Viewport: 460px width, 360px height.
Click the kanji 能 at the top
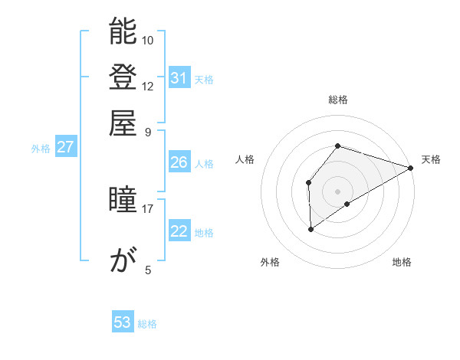coord(123,31)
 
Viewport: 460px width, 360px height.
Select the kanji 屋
coord(123,122)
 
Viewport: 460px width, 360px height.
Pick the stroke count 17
coord(148,208)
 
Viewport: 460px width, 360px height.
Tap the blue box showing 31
coord(179,78)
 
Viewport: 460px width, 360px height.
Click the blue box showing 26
coord(179,162)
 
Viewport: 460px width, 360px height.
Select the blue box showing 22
coord(179,231)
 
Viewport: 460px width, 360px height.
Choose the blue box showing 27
coord(66,148)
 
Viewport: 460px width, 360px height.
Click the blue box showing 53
coord(123,322)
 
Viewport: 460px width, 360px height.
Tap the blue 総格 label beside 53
coord(147,324)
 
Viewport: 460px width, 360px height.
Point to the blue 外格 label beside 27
coord(41,149)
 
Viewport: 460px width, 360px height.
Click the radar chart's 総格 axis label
coord(338,100)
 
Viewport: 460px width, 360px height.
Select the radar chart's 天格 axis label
coord(432,159)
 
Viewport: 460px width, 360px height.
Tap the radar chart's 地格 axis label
coord(402,263)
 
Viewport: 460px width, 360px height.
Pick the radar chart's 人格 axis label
coord(245,159)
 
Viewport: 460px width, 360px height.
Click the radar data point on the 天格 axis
coord(411,168)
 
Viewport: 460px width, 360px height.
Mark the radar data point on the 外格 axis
coord(310,228)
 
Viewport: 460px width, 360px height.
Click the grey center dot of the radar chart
coord(338,191)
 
